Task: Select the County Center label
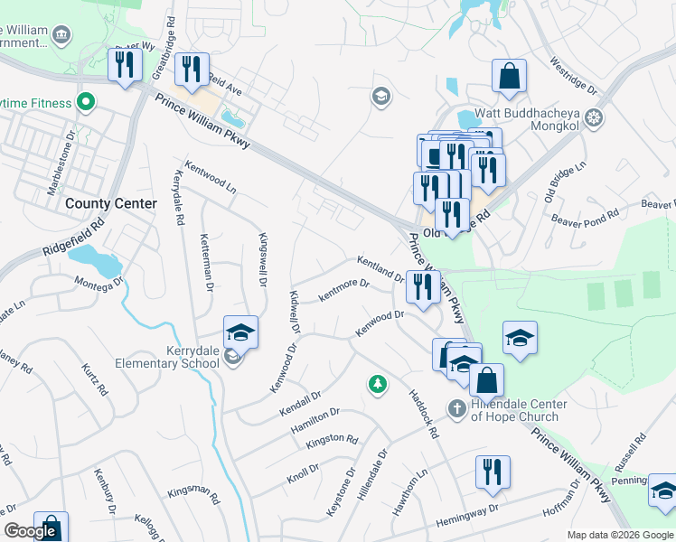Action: pos(98,204)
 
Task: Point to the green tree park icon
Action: pos(377,384)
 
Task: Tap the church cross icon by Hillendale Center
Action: pos(455,409)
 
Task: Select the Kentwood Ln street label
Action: pos(210,178)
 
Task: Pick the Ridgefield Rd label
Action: pos(73,234)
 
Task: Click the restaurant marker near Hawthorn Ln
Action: pos(493,472)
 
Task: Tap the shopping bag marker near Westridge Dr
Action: pos(510,76)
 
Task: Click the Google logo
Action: pos(31,531)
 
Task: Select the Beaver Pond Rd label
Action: pos(584,218)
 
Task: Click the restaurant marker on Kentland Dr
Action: pos(423,285)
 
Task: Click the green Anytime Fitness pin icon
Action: pos(87,102)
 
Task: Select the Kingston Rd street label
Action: pos(332,439)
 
